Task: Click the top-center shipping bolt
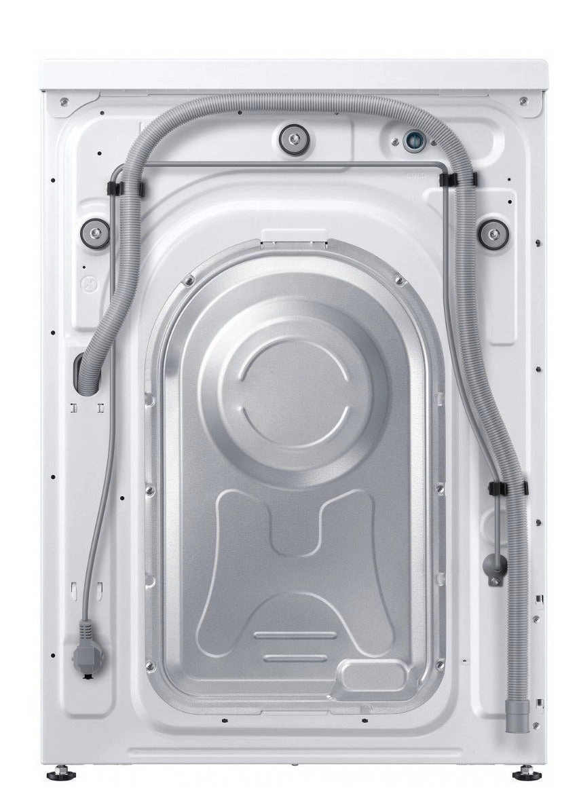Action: [x=293, y=139]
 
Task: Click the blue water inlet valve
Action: [x=412, y=141]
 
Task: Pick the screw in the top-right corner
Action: [x=523, y=101]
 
